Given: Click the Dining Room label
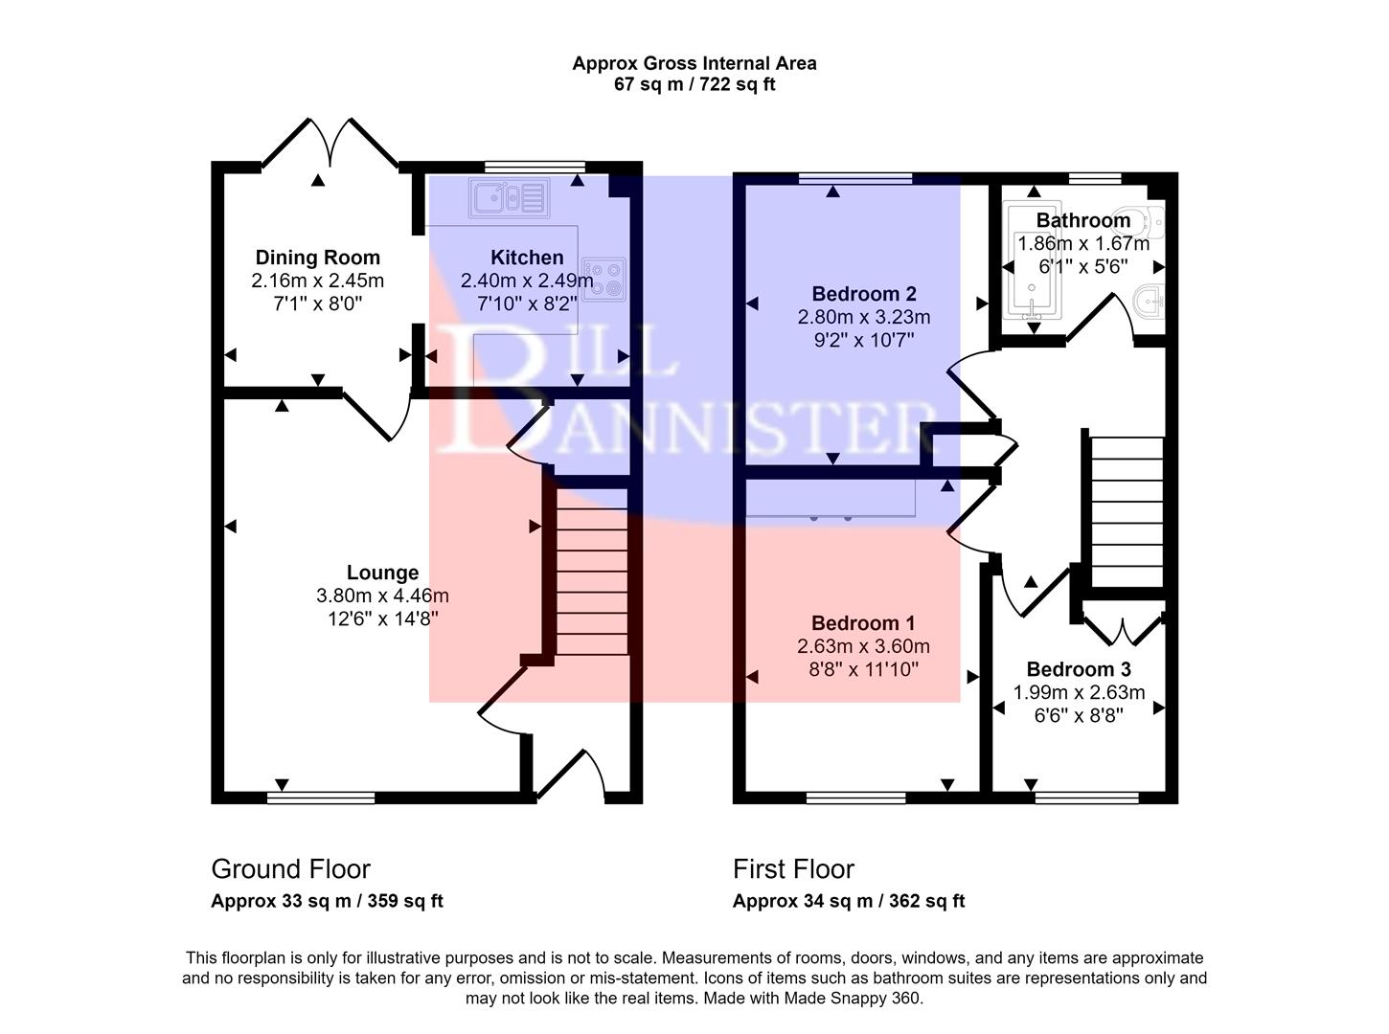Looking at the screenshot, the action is (x=317, y=258).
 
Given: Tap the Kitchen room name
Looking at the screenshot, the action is (x=527, y=258).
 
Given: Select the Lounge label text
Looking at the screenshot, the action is (x=382, y=573).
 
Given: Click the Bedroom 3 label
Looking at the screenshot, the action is (x=1079, y=669).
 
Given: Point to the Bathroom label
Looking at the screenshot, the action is (x=1082, y=220).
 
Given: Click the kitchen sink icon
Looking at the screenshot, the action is (x=509, y=198).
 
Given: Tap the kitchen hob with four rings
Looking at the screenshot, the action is (x=603, y=280).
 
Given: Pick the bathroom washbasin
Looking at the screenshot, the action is (x=1150, y=303).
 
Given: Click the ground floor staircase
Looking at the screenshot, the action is (x=592, y=572).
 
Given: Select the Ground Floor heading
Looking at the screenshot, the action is (x=290, y=868).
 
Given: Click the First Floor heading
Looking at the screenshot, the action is (x=793, y=868).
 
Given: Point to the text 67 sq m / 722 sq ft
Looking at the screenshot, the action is (x=694, y=84).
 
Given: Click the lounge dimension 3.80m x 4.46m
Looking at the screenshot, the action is (x=382, y=596).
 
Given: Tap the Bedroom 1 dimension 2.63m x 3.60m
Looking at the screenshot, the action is (x=863, y=646).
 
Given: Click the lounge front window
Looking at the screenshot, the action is (x=321, y=798).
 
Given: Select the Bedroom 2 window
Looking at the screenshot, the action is (x=855, y=178).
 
